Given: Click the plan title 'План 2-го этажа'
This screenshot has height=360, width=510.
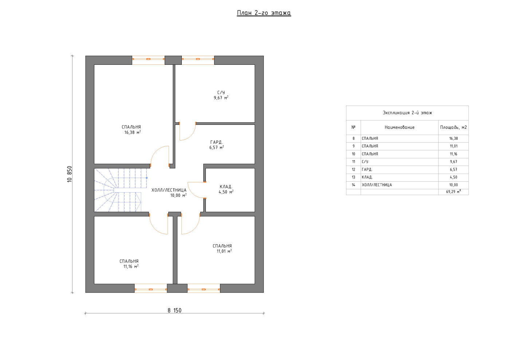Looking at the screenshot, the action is pos(264,13).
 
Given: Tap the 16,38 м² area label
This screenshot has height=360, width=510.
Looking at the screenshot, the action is pos(132,132).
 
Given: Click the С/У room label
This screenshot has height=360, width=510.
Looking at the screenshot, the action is pos(221,92).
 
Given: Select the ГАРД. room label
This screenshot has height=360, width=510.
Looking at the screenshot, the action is pos(216,142).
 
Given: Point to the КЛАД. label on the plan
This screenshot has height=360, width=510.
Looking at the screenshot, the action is pos(226,187).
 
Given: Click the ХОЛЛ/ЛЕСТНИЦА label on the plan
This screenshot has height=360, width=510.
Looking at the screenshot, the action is pos(169,190).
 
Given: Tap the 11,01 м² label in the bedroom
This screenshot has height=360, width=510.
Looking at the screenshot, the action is pos(224,251).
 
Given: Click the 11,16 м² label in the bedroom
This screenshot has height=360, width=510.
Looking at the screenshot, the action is pos(131,266).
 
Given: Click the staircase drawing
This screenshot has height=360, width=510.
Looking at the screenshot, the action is pos(121,190).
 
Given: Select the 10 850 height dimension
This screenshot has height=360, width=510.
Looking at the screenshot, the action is pos(70,174).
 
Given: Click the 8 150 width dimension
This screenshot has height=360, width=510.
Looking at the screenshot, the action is pos(174,310).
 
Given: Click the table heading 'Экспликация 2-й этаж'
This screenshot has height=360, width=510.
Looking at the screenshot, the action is pos(407,112).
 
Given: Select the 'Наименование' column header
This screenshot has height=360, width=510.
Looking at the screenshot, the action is pos(399,127).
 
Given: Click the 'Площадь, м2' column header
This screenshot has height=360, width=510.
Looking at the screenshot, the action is pos(453,127).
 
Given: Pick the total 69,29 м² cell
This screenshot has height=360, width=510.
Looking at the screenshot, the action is pos(453,191).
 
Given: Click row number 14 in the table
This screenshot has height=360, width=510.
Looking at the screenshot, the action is pos(353,185).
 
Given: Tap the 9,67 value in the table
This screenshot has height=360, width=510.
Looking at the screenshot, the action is pos(453,162).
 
